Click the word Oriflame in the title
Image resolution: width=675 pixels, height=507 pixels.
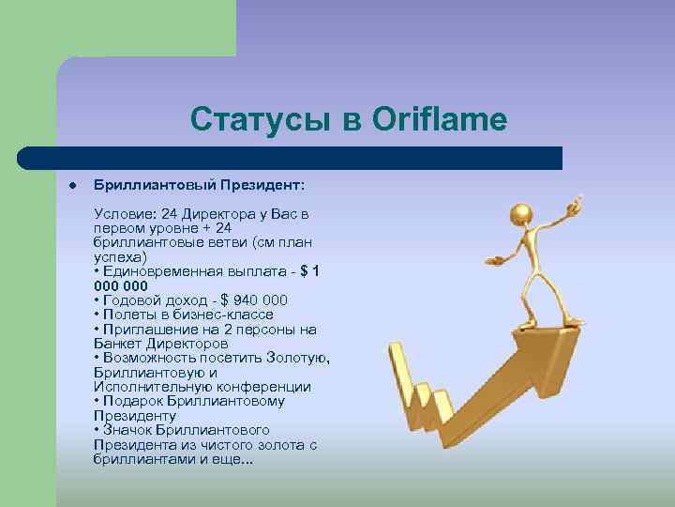click(x=440, y=119)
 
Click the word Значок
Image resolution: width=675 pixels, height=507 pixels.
click(x=131, y=430)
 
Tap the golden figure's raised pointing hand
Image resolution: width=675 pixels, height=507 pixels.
click(x=577, y=201)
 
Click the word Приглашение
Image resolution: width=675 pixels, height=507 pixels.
click(x=145, y=330)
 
